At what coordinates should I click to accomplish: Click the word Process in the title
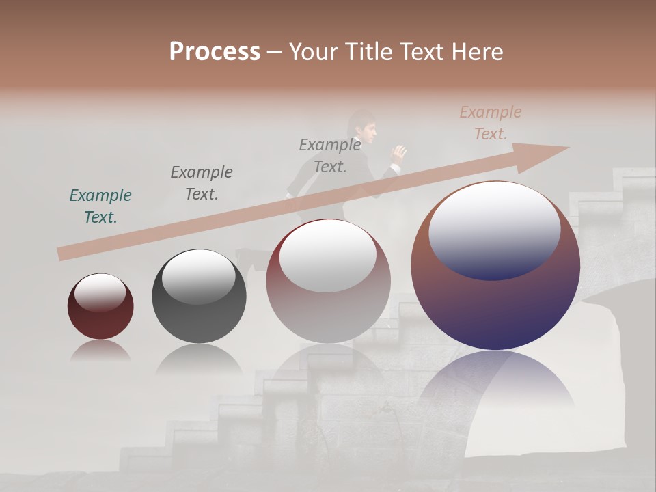(215, 52)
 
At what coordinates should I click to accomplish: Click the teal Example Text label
(100, 206)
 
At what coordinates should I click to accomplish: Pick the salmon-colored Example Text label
(490, 123)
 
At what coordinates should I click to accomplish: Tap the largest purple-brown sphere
(495, 307)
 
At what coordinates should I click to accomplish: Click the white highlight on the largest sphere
(494, 229)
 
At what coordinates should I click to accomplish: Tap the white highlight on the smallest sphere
(100, 292)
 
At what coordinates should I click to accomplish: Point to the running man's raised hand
(399, 152)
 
